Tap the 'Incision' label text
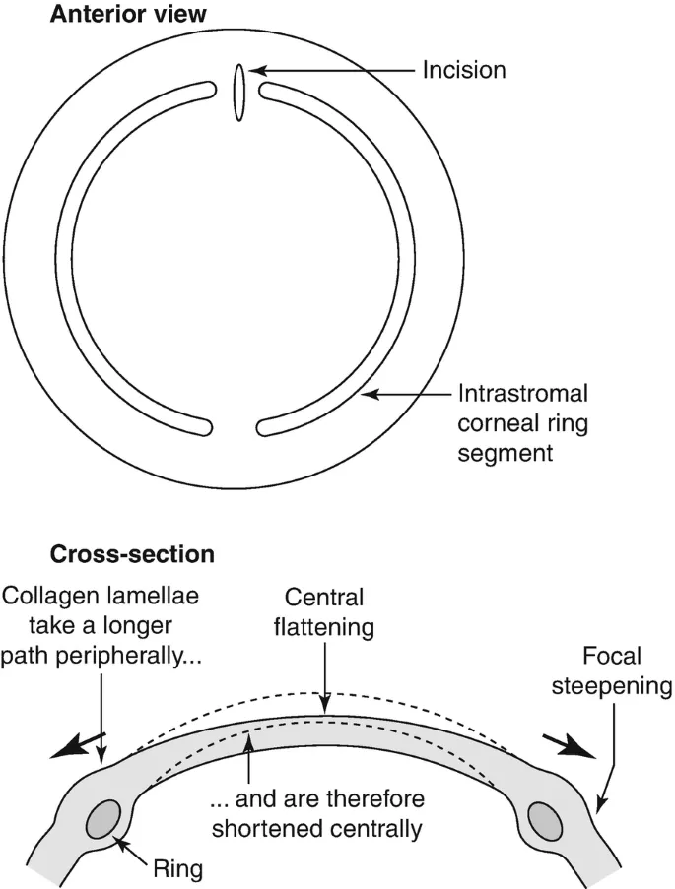point(463,71)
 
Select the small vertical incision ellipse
point(238,93)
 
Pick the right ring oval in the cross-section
point(545,819)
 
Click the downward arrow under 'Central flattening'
point(325,679)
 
